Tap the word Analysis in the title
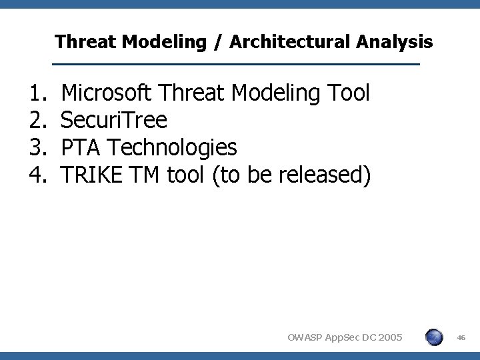[395, 43]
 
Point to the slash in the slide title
[216, 43]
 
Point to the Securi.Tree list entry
[113, 121]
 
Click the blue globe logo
[434, 337]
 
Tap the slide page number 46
[461, 338]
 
